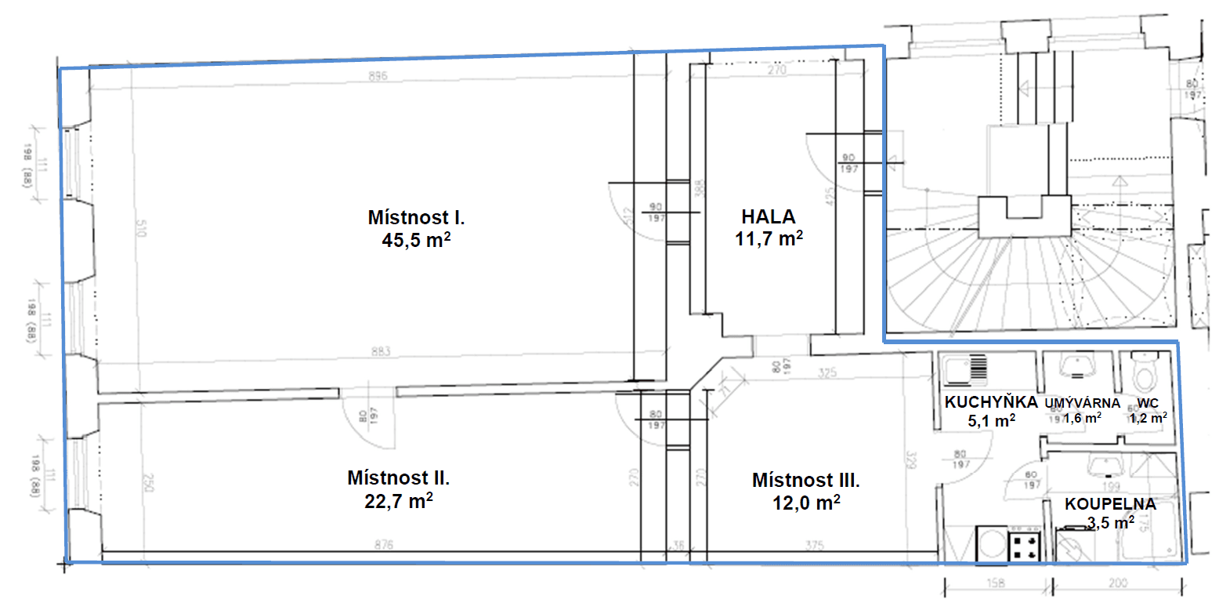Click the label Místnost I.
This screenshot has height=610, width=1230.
(416, 217)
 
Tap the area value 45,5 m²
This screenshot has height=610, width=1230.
(416, 240)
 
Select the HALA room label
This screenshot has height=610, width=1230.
(769, 216)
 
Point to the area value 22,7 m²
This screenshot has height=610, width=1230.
(398, 501)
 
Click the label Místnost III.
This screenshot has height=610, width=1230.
(805, 480)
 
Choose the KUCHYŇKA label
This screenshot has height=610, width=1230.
(990, 402)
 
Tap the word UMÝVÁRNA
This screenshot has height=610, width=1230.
(1082, 403)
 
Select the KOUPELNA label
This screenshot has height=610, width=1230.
(1110, 504)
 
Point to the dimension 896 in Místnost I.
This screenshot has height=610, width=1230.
(378, 76)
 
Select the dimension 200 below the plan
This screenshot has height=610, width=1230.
(1118, 583)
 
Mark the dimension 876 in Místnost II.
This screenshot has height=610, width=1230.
(383, 544)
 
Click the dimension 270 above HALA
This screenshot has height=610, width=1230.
(776, 70)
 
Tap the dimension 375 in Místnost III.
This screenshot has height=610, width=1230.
(814, 545)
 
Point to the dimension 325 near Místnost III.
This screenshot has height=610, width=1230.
(827, 372)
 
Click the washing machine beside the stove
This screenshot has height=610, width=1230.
(992, 545)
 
